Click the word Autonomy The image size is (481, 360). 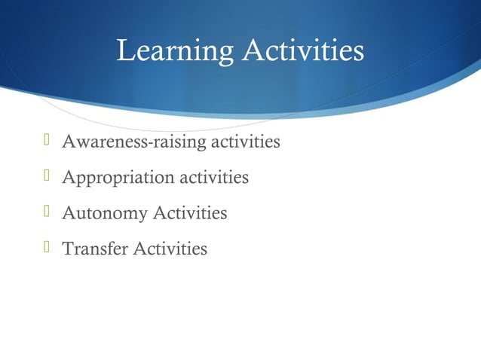point(105,214)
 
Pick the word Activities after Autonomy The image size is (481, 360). point(190,213)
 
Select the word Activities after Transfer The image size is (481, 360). point(170,248)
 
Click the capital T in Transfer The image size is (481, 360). point(67,248)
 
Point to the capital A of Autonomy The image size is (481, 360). point(68,213)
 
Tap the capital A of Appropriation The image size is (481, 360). point(68,177)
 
